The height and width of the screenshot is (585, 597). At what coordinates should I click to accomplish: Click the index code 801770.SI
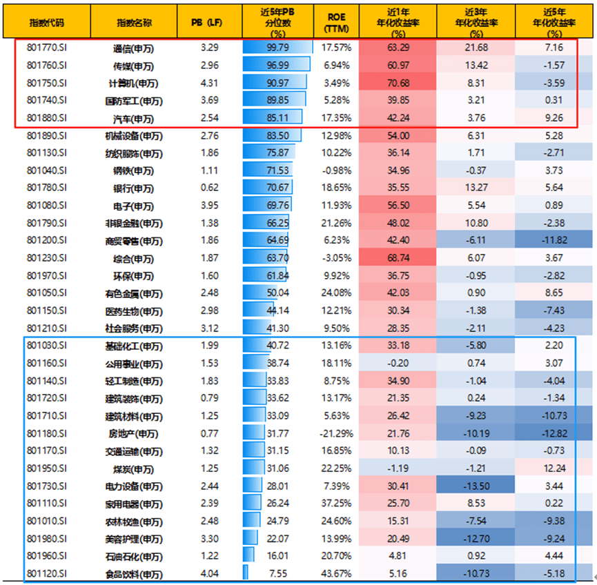tap(46, 48)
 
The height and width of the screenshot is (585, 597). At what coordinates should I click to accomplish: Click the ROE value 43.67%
tap(337, 573)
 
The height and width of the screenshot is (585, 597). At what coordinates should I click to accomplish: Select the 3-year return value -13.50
tap(477, 486)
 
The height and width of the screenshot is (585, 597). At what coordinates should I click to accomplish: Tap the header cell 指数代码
tap(46, 21)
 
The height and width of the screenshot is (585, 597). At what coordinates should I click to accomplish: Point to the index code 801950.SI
tap(46, 468)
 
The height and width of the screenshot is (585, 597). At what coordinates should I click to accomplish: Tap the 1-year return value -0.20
tap(398, 363)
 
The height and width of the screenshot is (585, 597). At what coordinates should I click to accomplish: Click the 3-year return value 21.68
tap(477, 48)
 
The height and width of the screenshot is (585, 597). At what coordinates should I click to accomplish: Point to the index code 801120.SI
tap(46, 573)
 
